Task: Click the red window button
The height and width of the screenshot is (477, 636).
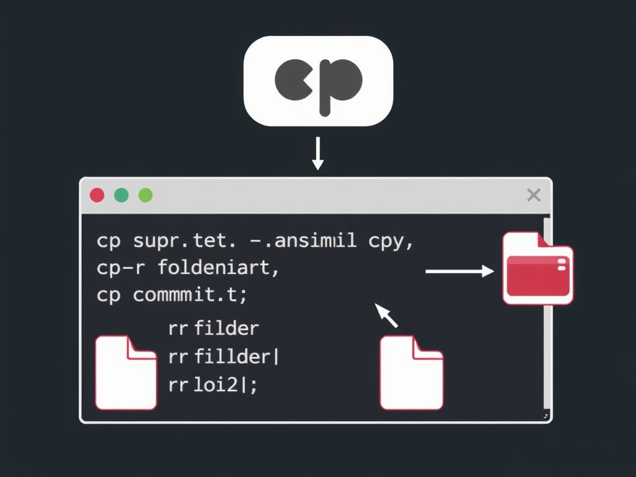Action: [x=97, y=195]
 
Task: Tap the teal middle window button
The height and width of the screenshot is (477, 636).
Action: [x=122, y=195]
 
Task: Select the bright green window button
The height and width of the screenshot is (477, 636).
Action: [x=145, y=195]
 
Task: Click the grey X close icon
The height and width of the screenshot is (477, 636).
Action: [x=533, y=195]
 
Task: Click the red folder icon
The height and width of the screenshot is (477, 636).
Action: [x=538, y=268]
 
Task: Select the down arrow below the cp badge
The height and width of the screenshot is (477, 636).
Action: [x=318, y=153]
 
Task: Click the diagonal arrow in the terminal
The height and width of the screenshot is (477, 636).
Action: [x=387, y=316]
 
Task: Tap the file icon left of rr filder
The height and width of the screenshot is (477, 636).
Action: [x=125, y=372]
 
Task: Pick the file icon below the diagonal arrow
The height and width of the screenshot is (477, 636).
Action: [x=411, y=372]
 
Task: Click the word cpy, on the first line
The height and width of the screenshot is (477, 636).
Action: [x=391, y=242]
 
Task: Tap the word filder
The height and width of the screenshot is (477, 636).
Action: [x=227, y=328]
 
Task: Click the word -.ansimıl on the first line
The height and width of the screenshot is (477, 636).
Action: [x=306, y=241]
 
